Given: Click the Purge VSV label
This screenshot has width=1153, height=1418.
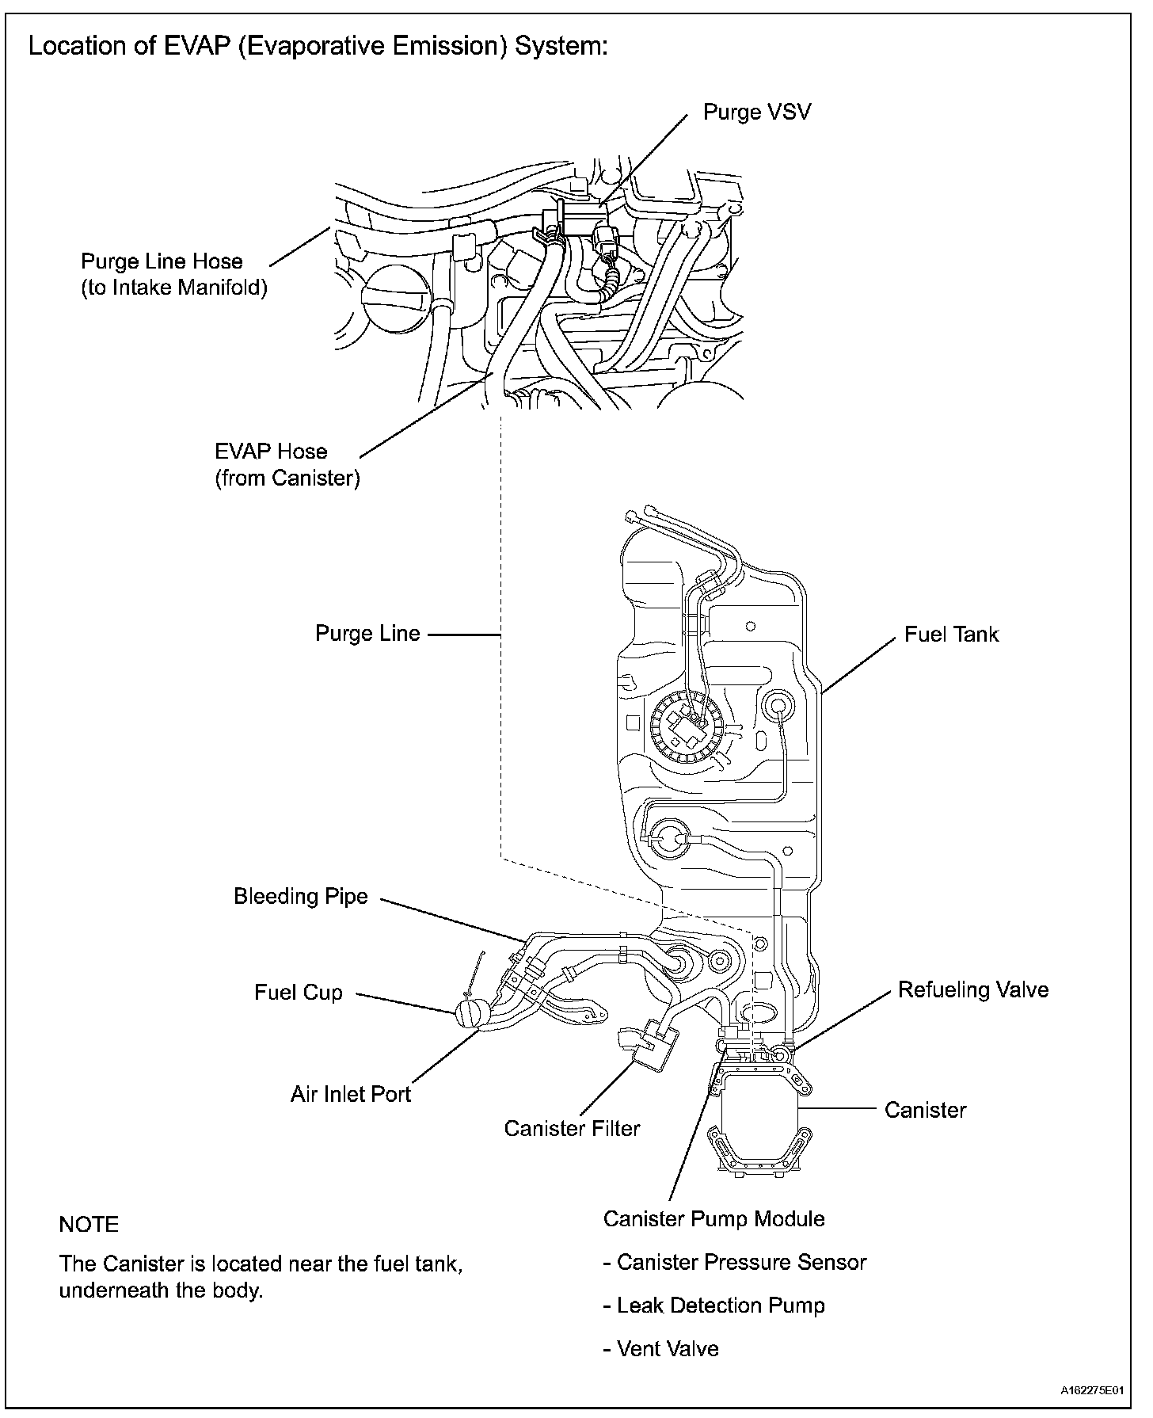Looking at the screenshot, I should [x=756, y=112].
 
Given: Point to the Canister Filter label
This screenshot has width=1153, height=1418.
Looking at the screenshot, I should [x=572, y=1128].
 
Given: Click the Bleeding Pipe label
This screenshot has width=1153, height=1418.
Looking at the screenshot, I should [x=301, y=896].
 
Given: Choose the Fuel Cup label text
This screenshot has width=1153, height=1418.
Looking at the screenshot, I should [x=299, y=993].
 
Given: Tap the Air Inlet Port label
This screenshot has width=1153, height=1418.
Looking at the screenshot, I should [x=350, y=1094].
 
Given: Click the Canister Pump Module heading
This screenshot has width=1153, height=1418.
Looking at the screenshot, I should [x=713, y=1218].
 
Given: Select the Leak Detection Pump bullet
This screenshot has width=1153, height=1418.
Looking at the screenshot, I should [x=714, y=1306].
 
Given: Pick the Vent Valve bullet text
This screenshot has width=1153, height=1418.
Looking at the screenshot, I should [x=661, y=1349].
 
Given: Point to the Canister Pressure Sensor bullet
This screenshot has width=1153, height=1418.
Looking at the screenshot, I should [x=735, y=1262].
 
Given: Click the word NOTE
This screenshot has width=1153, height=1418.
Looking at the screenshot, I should [x=89, y=1225].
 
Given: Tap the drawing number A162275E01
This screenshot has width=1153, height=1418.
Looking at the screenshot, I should [x=1092, y=1391].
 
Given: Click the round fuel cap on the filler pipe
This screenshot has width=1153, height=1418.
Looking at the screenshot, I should [x=474, y=1015].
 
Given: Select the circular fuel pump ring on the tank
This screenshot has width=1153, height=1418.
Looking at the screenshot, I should [x=685, y=727].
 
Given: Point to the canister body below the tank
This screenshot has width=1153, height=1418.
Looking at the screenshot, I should [x=761, y=1117].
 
